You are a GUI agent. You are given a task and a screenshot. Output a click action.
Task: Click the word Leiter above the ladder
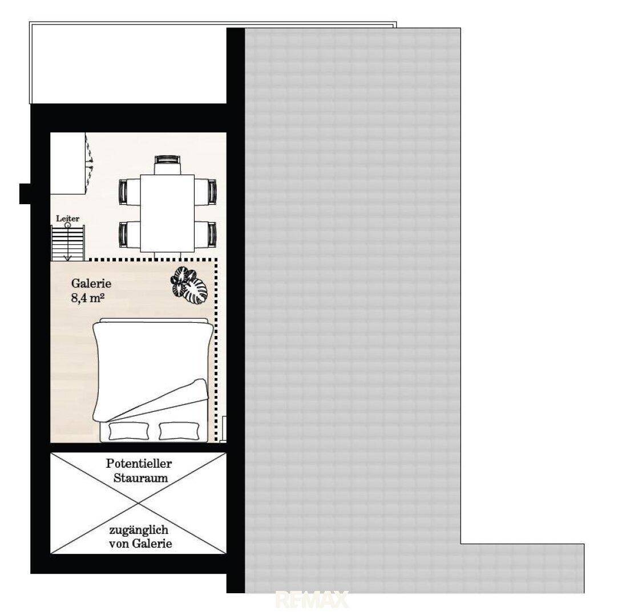click(67, 218)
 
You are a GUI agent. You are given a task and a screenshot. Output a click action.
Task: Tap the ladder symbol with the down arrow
click(68, 242)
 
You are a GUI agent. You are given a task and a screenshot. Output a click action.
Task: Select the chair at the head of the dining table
click(168, 165)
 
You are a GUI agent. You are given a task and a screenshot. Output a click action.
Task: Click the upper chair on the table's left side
click(130, 192)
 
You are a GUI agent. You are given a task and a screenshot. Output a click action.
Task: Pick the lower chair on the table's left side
click(130, 234)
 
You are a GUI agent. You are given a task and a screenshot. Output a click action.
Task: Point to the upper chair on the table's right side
click(205, 192)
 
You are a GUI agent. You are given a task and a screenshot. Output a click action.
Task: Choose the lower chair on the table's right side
click(205, 234)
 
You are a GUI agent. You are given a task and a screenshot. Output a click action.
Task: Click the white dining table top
click(168, 213)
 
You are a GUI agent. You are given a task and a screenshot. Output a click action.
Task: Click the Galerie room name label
click(91, 283)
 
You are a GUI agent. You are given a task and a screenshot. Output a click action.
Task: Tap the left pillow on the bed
click(128, 431)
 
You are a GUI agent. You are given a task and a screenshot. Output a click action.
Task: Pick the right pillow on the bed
click(179, 431)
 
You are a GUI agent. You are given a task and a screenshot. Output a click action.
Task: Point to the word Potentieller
click(139, 464)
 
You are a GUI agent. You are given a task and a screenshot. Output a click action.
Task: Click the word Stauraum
click(140, 478)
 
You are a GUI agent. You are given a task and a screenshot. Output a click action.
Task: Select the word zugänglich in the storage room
click(139, 530)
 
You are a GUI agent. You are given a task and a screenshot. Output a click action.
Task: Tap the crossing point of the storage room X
click(138, 503)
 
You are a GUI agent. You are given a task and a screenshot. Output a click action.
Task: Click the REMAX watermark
click(313, 599)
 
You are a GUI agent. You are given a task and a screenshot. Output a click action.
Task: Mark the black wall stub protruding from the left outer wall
click(25, 193)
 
